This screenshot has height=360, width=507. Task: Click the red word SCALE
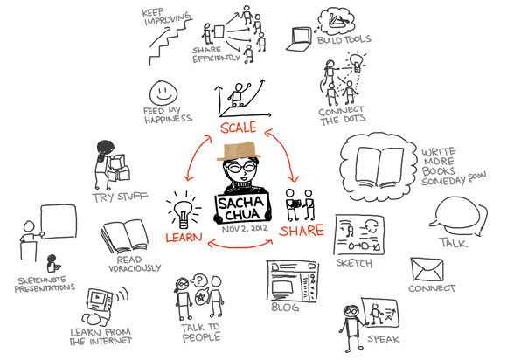coord(239,128)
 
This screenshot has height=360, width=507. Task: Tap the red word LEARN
coord(184,237)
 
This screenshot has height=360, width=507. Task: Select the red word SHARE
coord(302,231)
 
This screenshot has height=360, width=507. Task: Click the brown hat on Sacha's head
coord(239,150)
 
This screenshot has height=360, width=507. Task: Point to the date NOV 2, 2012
coord(245,228)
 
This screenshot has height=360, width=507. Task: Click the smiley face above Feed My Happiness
coord(163,92)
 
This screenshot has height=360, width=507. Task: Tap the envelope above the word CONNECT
coord(427,269)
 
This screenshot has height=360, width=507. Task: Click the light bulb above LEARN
coord(184,211)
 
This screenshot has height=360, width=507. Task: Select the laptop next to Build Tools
coord(299,39)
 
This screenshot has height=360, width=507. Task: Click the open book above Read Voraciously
coord(124,237)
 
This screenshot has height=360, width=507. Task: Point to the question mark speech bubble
coord(199,280)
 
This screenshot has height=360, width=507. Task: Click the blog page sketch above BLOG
coord(292,281)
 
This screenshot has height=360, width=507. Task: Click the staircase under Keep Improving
coord(170,41)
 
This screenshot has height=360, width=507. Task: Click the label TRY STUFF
coord(120,197)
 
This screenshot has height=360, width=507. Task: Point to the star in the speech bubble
coord(201,297)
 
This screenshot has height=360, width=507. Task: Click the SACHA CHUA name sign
coord(242,208)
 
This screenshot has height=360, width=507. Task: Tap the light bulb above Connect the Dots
coord(357,62)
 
